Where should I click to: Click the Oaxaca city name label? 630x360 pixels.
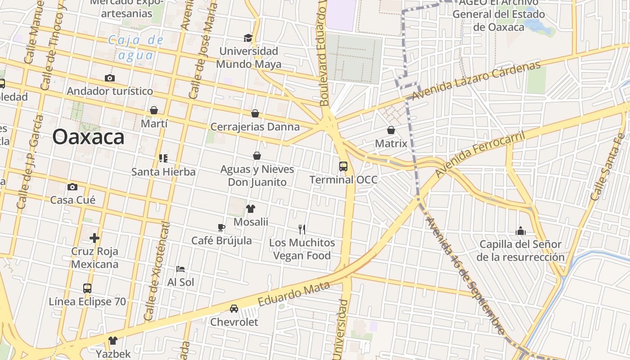pos(88,137)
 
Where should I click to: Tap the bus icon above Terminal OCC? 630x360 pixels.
pos(343,166)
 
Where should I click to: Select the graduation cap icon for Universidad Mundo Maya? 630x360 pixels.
pos(247,38)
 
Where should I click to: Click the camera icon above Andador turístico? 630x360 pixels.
pos(109,78)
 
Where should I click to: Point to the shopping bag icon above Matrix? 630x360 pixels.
pos(391,130)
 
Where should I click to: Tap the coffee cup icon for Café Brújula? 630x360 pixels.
pos(221,228)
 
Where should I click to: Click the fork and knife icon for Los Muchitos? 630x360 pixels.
pos(302,229)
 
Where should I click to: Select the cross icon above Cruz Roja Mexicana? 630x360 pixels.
pos(94,238)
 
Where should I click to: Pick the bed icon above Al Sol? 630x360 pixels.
pos(180,269)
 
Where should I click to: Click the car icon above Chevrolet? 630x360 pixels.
pos(234,309)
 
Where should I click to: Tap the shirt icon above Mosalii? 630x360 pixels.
pos(251,209)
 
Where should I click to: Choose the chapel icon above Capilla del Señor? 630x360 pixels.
pos(521,231)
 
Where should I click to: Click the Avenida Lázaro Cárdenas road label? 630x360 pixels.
pos(476,81)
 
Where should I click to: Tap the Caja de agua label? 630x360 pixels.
pos(136,47)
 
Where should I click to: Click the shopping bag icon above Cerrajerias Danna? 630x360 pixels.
pos(255,113)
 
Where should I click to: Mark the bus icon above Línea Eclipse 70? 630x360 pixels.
pos(87,288)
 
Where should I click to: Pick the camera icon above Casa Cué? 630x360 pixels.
pos(72,187)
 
